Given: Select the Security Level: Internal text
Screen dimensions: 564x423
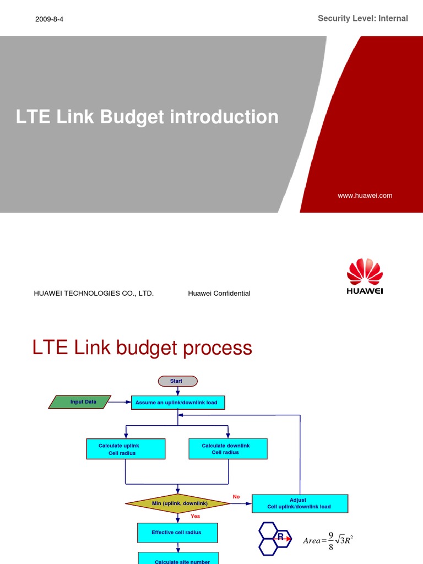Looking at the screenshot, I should [362, 19].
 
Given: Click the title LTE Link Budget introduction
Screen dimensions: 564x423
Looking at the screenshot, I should [147, 117].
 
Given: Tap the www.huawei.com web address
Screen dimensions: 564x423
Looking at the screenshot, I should [365, 196].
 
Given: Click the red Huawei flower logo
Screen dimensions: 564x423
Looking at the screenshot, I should [365, 272].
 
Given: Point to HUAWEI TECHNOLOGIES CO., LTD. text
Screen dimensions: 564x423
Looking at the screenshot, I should [94, 294].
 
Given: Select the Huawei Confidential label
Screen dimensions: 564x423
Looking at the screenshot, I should [219, 294].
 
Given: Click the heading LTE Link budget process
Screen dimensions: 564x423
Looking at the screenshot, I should [142, 348].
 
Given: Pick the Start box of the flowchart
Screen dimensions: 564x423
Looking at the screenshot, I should [177, 381].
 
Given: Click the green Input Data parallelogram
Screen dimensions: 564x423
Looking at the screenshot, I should [80, 402].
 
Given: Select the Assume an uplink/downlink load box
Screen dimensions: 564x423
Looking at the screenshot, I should [177, 403].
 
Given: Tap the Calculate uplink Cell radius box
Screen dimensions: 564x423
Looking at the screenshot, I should [126, 449].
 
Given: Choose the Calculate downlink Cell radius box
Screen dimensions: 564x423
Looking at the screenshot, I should [227, 449].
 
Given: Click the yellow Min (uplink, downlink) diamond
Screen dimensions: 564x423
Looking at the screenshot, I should [177, 503].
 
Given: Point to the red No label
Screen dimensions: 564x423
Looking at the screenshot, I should [236, 497].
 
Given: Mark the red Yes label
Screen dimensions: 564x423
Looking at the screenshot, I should [195, 517].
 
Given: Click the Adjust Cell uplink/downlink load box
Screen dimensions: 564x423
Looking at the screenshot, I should [299, 503].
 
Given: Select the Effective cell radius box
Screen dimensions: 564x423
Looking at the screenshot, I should [177, 533].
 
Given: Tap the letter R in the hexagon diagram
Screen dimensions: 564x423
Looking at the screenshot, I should [280, 536].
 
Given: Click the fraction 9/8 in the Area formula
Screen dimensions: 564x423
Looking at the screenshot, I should [330, 540].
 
